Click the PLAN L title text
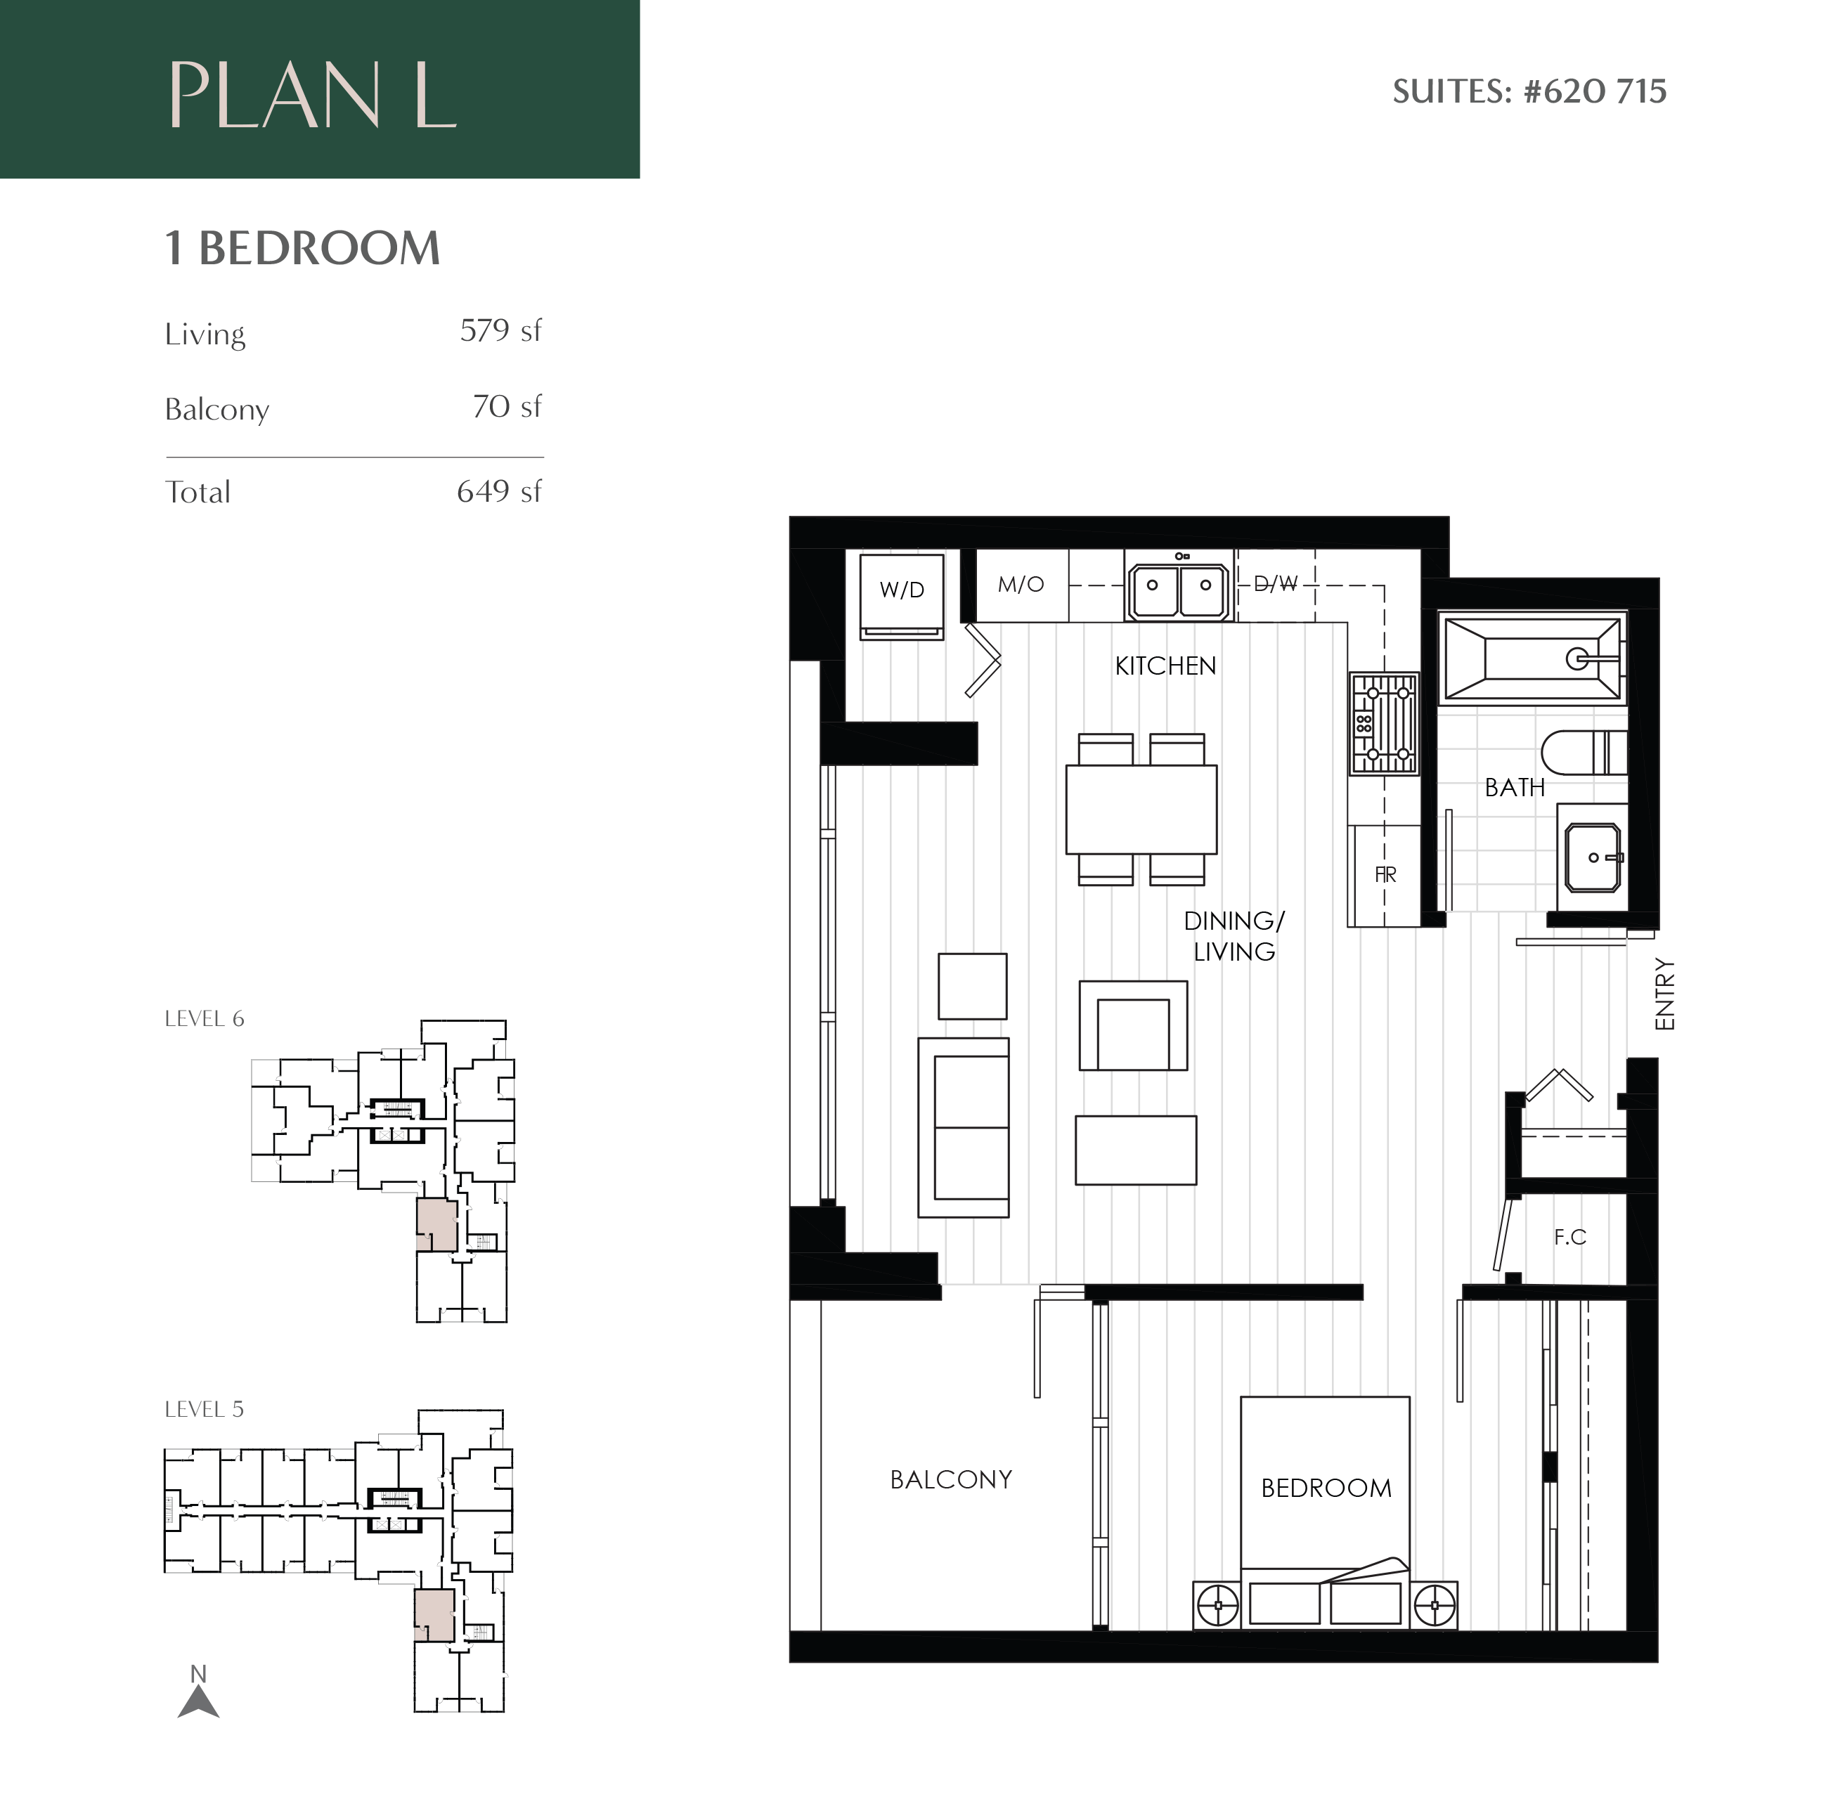coord(313,95)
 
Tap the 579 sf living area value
coord(500,331)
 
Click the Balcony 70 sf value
coord(506,406)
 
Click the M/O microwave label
coord(1021,585)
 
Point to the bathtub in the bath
coord(1532,658)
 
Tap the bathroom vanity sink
coord(1592,857)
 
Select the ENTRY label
coord(1665,994)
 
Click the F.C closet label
coord(1569,1236)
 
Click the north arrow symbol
coord(198,1701)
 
